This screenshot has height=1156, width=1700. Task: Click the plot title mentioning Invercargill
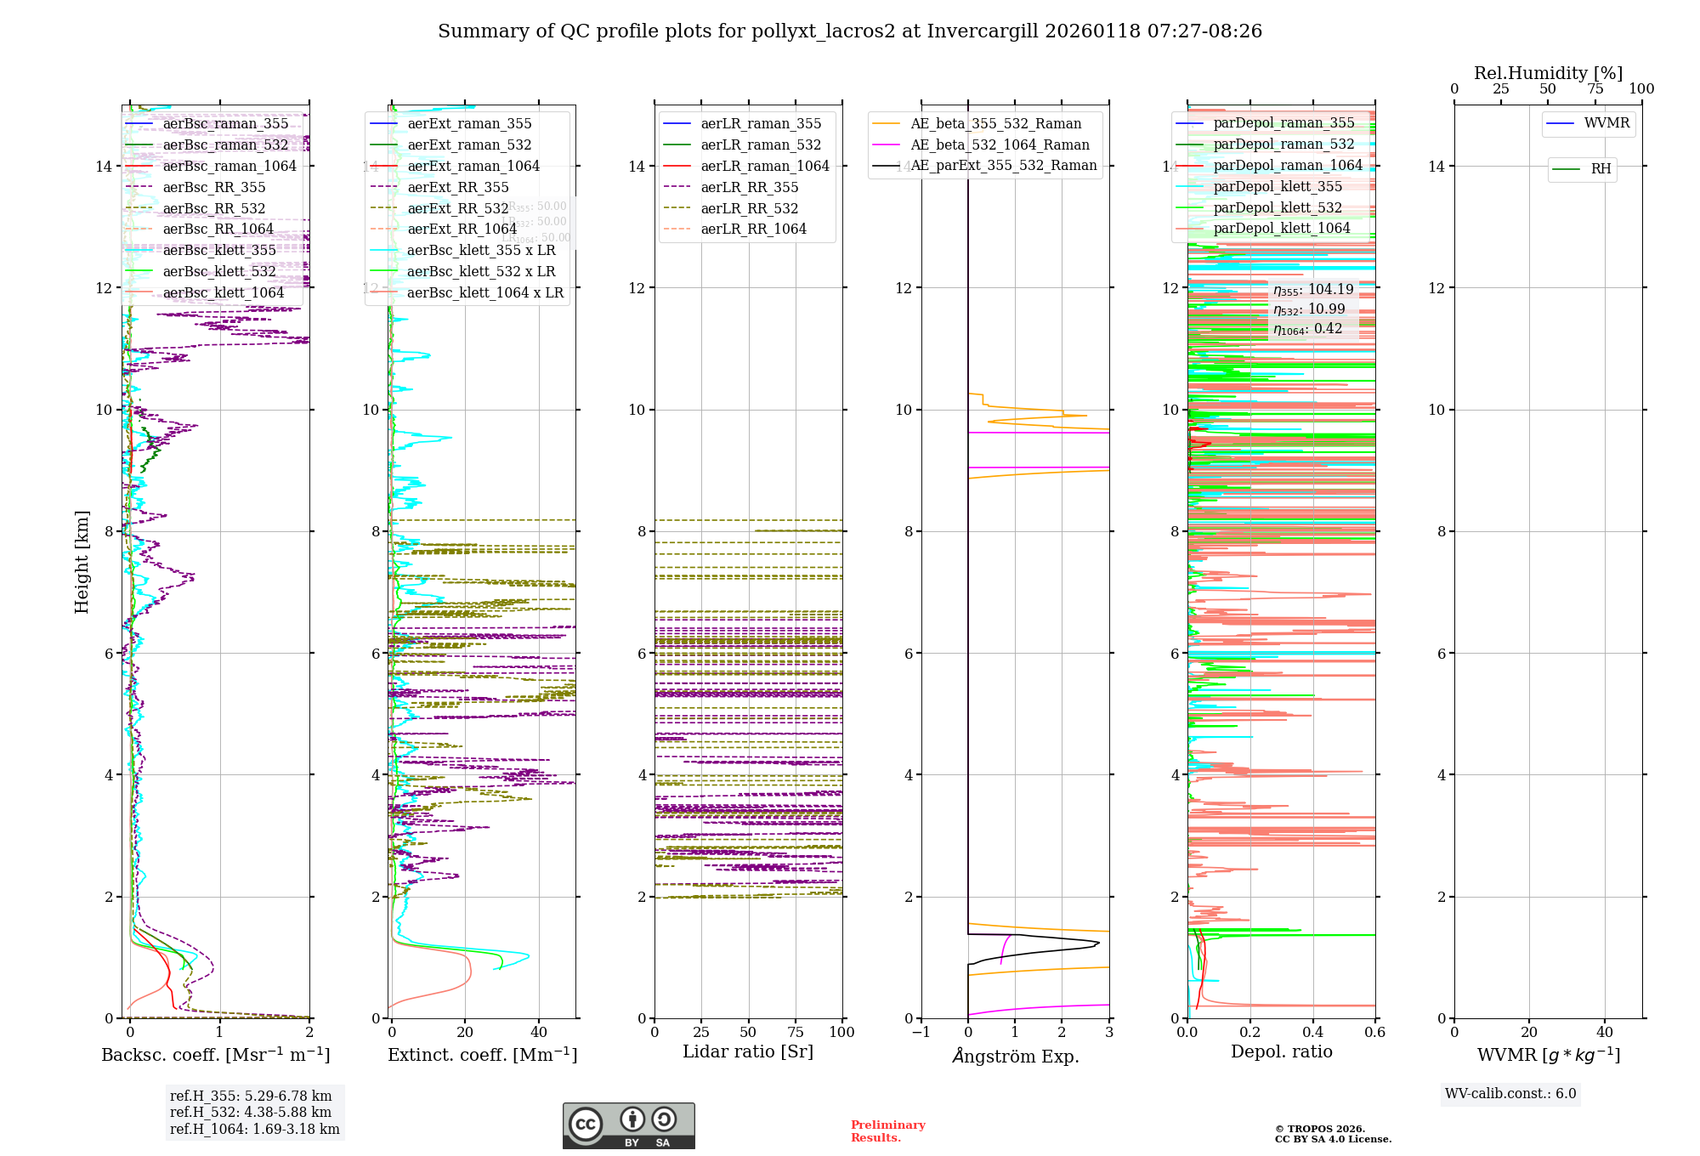point(850,31)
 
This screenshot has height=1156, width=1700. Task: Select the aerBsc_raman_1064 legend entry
point(229,166)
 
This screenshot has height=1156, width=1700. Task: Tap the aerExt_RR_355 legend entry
point(457,187)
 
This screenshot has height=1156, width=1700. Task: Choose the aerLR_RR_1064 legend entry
point(753,229)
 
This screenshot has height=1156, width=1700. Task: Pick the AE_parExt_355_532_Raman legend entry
point(1003,166)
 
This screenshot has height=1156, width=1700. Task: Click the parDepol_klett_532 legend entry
point(1278,207)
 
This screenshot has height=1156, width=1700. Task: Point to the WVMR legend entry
point(1606,123)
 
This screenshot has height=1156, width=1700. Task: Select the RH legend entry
point(1601,169)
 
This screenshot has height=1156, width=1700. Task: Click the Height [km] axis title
point(82,561)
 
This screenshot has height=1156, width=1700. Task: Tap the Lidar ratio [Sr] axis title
point(748,1051)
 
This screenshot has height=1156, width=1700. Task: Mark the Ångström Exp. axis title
point(1016,1056)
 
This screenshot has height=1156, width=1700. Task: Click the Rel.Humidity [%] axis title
point(1548,73)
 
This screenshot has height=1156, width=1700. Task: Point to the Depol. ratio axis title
point(1282,1051)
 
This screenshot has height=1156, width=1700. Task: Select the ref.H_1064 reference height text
point(255,1129)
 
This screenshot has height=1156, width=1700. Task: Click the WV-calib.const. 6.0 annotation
point(1510,1094)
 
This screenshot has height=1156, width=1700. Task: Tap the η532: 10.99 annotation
point(1309,309)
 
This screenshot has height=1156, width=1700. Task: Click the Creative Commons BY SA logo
point(629,1125)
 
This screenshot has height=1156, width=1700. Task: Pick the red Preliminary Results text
point(887,1131)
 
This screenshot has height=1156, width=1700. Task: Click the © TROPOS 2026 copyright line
point(1320,1129)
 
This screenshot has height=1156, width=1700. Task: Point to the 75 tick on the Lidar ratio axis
point(796,1032)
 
